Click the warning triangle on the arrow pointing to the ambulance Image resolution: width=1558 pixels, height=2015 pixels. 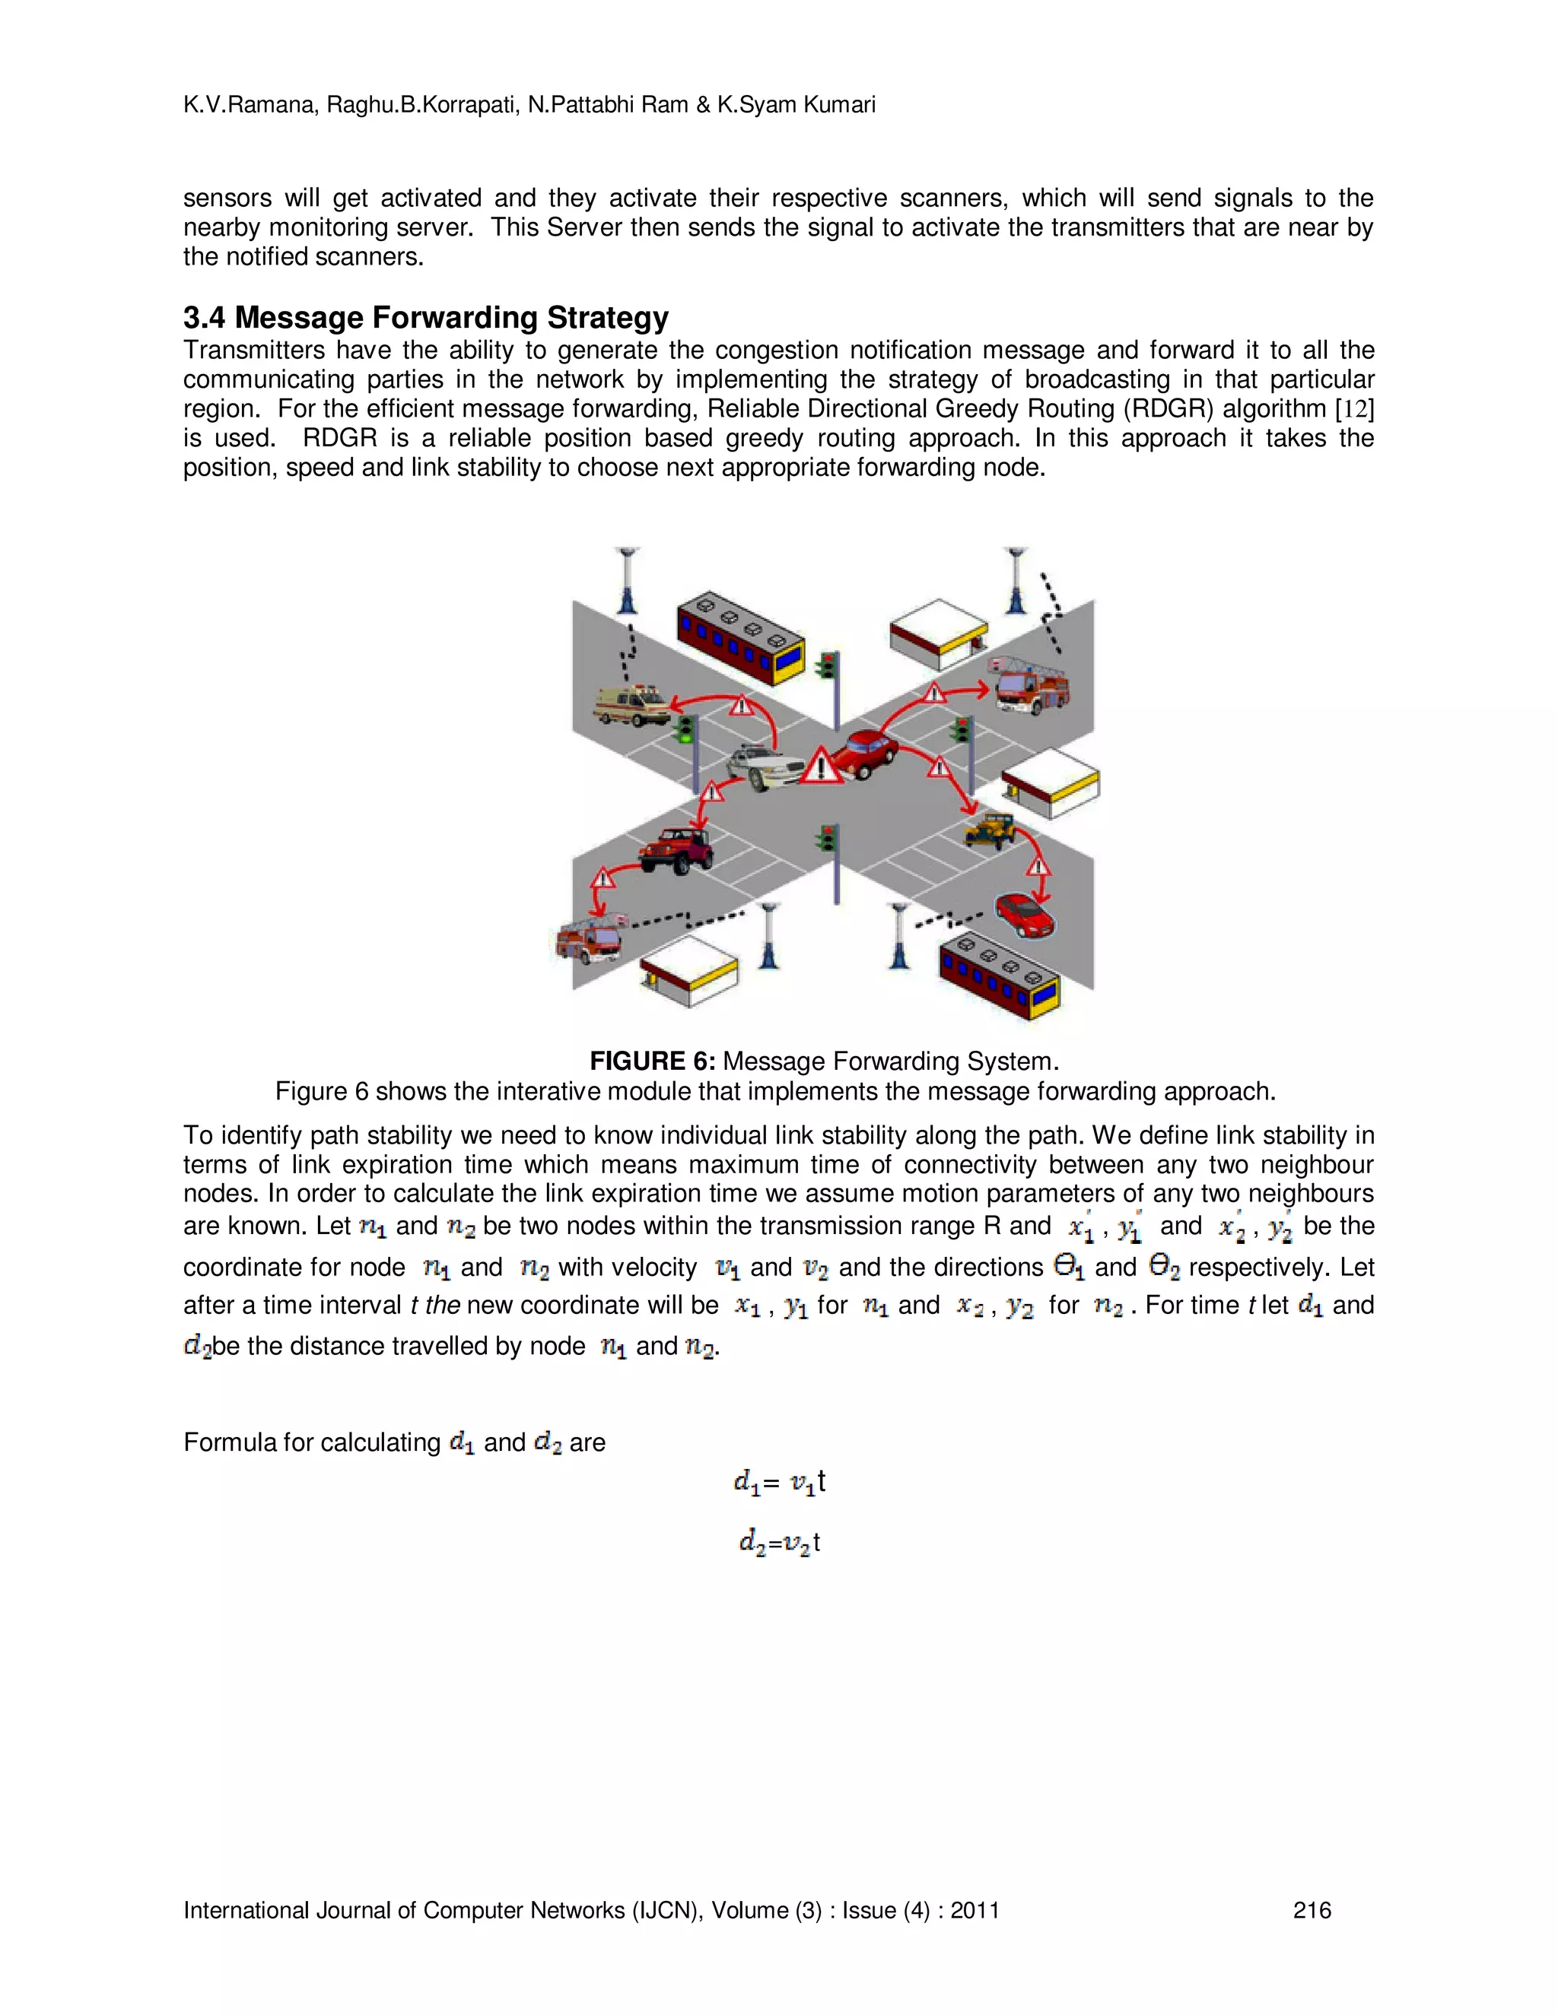pyautogui.click(x=741, y=706)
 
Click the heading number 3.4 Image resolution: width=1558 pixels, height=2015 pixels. pyautogui.click(x=204, y=317)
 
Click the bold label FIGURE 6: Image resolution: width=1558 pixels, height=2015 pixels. pyautogui.click(x=652, y=1061)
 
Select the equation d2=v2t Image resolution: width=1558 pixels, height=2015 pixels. pyautogui.click(x=779, y=1542)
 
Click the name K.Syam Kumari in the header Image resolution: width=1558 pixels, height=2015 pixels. pyautogui.click(x=796, y=105)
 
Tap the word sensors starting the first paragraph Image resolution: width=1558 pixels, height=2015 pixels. pyautogui.click(x=227, y=198)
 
